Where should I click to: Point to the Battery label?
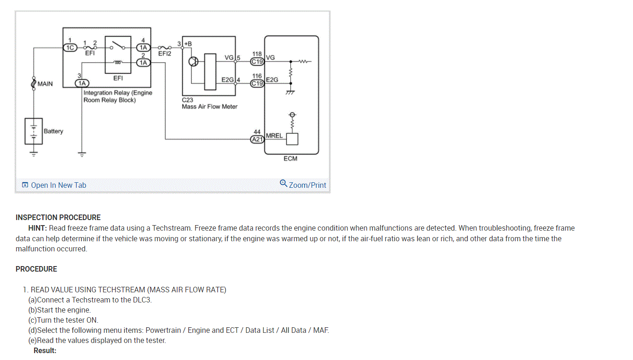53,131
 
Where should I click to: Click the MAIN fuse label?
45,84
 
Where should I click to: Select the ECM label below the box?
290,158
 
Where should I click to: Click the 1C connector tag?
70,47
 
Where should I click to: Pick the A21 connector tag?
257,139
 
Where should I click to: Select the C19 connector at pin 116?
257,83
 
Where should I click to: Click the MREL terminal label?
274,136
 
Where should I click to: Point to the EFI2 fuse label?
164,53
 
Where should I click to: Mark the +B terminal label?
188,44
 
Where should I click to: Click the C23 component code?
188,99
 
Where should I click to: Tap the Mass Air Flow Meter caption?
209,107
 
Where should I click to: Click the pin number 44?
257,132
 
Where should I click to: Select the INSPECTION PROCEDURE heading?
58,217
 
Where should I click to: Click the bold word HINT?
38,228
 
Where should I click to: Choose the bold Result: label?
45,350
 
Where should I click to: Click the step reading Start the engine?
64,310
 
